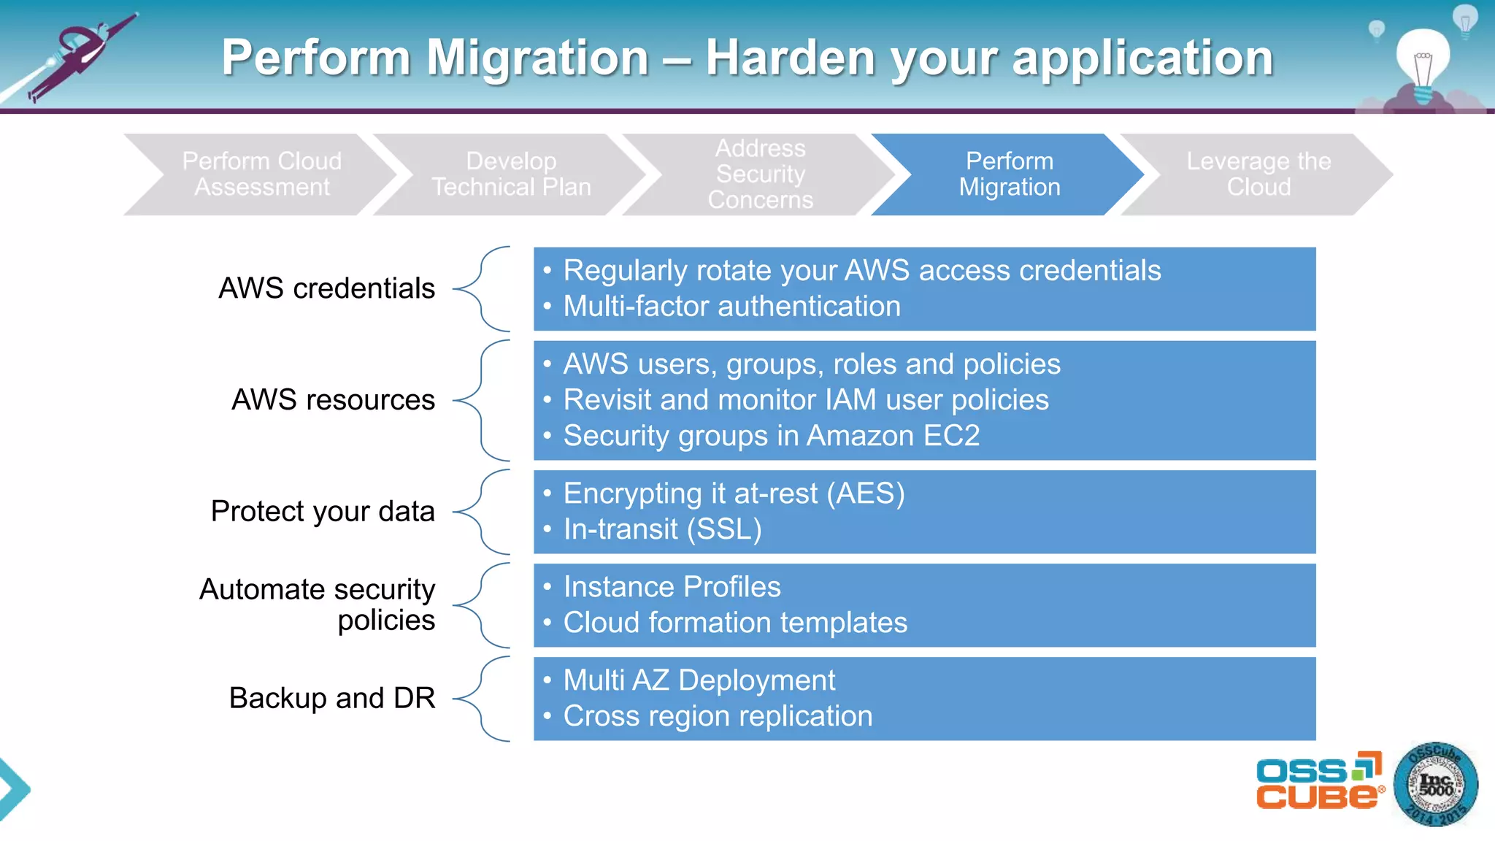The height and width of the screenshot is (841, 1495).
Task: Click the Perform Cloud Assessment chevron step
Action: coord(261,174)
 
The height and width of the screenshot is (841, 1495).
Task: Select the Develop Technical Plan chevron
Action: coord(511,174)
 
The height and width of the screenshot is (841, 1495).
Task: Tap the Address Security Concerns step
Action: coord(760,174)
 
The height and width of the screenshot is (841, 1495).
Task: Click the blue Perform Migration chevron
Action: coord(1009,174)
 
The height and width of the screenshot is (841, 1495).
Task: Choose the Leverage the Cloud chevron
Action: coord(1258,174)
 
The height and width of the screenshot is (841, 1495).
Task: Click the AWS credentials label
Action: coord(326,288)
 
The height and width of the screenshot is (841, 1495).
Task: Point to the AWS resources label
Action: coord(333,400)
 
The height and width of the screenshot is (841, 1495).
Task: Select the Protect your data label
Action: coord(323,511)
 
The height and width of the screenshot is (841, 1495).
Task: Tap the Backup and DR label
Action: coord(332,698)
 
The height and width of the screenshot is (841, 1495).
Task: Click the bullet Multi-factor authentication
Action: coord(731,307)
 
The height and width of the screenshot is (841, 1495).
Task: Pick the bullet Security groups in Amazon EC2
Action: coord(771,436)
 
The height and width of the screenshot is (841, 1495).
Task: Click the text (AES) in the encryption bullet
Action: coord(866,494)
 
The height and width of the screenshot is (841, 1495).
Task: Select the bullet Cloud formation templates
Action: coord(734,623)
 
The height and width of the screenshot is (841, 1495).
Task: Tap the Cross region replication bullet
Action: coord(718,716)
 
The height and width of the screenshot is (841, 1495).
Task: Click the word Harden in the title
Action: coord(790,58)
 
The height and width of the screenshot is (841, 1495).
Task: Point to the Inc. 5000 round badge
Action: coord(1435,785)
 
